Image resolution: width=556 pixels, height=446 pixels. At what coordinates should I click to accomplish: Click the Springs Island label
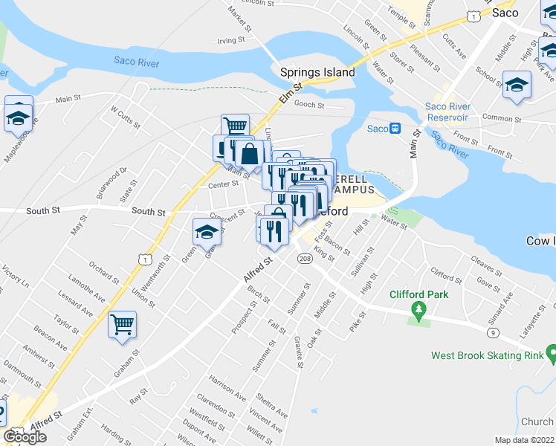coord(317,73)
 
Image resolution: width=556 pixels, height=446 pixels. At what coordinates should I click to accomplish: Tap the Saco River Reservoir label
coord(447,112)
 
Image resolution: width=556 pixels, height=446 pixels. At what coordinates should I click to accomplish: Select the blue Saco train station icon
coord(396,129)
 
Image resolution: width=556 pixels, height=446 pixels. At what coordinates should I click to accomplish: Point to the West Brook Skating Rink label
coord(487,355)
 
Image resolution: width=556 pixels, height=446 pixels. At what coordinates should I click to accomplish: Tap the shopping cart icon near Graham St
coord(122,324)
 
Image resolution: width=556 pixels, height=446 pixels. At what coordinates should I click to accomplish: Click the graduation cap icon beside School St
coord(517,85)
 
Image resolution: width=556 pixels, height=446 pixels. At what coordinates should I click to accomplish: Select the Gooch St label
coord(309,105)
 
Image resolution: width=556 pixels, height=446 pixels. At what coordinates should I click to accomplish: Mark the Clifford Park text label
coord(419,294)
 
